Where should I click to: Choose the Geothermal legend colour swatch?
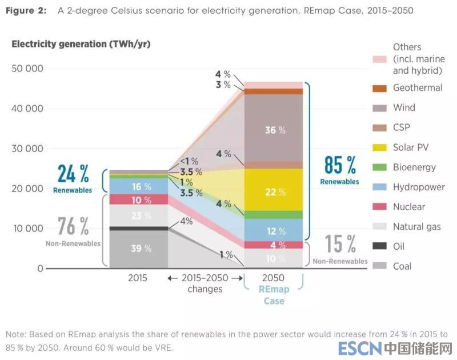[x=380, y=88]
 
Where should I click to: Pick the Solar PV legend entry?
[x=410, y=147]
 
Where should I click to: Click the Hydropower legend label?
[x=418, y=187]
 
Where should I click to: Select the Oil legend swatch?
[x=380, y=246]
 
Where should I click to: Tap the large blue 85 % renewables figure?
[x=340, y=165]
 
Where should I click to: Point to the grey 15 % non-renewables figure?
[x=340, y=245]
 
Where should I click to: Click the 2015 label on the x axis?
[x=137, y=278]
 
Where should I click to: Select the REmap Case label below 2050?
[x=274, y=295]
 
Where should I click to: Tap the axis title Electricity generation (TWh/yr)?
[x=81, y=44]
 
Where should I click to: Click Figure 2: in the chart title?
[x=26, y=11]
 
